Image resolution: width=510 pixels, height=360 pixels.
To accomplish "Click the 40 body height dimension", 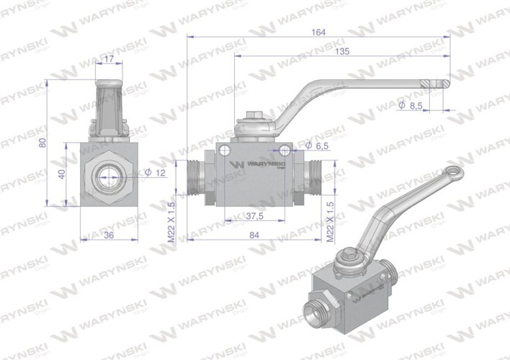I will click(63, 174).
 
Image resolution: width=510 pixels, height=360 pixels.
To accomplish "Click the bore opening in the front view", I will click(108, 174).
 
